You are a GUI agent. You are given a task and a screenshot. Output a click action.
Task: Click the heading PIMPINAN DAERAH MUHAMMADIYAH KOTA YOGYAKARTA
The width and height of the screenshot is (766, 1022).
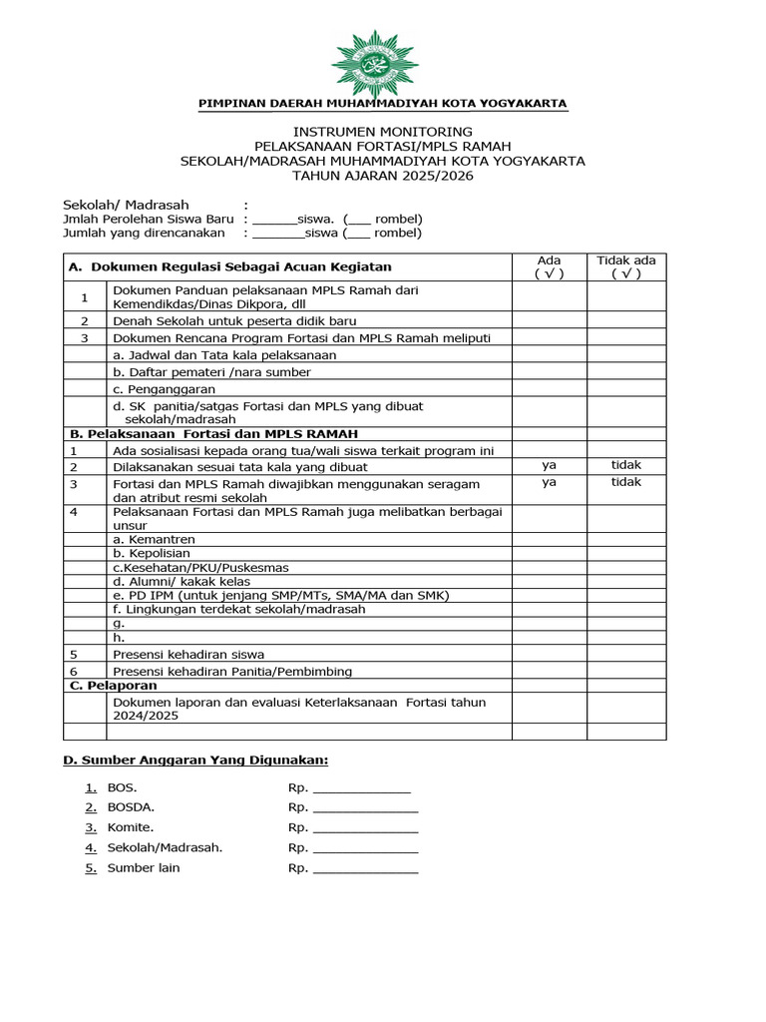[383, 103]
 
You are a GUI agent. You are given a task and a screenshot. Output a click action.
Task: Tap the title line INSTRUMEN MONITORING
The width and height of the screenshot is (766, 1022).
[383, 132]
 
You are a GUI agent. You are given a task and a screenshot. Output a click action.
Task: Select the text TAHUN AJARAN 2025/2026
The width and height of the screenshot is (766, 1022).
[383, 176]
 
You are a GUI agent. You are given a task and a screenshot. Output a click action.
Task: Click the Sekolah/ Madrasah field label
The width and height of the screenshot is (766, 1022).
[113, 205]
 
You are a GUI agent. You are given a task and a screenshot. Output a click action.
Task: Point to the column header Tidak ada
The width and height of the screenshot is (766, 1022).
[625, 266]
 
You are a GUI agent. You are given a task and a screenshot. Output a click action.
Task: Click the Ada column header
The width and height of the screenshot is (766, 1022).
[549, 266]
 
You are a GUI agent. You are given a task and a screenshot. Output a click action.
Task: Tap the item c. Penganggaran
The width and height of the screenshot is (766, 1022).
[165, 388]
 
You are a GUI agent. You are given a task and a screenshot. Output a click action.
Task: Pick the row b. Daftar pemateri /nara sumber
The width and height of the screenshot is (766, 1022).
[211, 371]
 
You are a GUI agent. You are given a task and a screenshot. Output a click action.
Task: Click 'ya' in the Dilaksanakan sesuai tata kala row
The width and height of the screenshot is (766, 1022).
[549, 465]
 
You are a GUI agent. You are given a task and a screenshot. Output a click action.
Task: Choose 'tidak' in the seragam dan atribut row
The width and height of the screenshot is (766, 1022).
[625, 482]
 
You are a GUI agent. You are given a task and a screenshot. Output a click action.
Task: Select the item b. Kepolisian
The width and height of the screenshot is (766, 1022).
[152, 553]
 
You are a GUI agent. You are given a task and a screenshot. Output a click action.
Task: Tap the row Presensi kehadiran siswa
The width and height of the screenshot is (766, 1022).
[189, 654]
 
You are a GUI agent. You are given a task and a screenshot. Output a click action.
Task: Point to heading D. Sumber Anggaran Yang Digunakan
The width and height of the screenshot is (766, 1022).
[195, 761]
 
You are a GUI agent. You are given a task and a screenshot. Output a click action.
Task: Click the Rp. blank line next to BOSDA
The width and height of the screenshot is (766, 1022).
[365, 807]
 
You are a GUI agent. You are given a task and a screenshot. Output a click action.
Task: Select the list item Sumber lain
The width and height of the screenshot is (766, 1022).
[144, 867]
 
